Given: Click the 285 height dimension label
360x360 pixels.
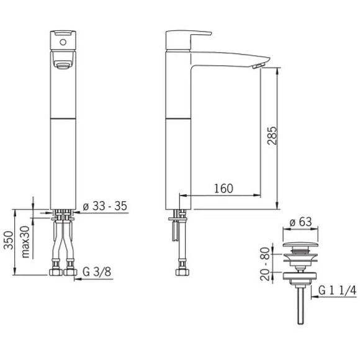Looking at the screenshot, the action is [x=272, y=135].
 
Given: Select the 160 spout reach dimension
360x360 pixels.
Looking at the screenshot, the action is [x=223, y=188].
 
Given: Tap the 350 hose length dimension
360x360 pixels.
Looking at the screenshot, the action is [x=9, y=240].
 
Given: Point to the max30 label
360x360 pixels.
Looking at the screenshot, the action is [x=25, y=242].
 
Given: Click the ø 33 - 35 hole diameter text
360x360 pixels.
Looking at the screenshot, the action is [x=105, y=206].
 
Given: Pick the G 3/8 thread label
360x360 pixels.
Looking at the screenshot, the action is [x=97, y=272].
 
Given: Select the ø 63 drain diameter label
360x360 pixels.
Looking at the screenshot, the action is [x=300, y=222].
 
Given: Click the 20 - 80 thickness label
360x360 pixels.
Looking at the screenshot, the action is [x=265, y=264].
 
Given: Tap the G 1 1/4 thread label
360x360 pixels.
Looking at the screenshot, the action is [x=337, y=290].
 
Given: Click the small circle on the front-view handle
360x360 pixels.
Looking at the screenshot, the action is [x=63, y=42].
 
